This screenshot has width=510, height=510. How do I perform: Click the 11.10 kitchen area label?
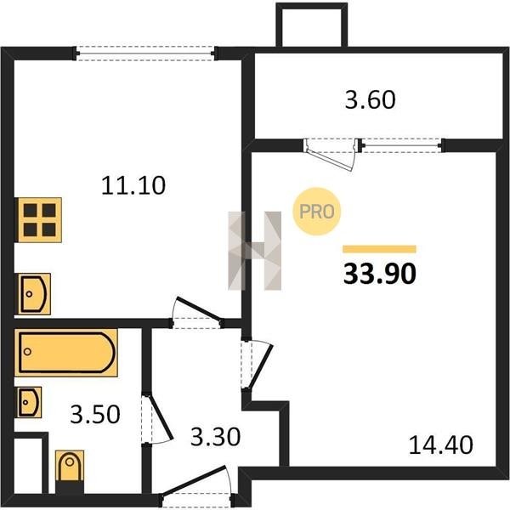pyautogui.click(x=133, y=185)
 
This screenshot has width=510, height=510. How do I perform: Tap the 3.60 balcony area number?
pyautogui.click(x=370, y=99)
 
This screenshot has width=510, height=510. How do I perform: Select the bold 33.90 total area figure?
pyautogui.click(x=380, y=274)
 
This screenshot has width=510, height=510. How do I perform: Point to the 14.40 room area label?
pyautogui.click(x=440, y=445)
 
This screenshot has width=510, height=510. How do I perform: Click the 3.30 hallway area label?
pyautogui.click(x=215, y=437)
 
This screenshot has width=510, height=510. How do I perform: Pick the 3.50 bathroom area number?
pyautogui.click(x=95, y=415)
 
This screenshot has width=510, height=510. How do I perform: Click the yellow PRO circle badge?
pyautogui.click(x=317, y=212)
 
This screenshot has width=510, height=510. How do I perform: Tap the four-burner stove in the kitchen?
pyautogui.click(x=39, y=220)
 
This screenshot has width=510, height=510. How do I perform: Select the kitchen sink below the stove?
pyautogui.click(x=34, y=294)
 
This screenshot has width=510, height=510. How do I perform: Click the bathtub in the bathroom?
pyautogui.click(x=66, y=353)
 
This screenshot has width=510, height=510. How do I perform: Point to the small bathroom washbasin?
pyautogui.click(x=29, y=402)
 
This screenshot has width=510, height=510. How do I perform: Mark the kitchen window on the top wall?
pyautogui.click(x=145, y=54)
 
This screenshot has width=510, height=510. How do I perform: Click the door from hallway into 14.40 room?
pyautogui.click(x=258, y=365)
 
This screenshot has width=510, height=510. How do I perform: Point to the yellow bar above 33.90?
pyautogui.click(x=380, y=249)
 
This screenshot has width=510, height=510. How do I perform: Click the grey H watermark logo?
pyautogui.click(x=255, y=251)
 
